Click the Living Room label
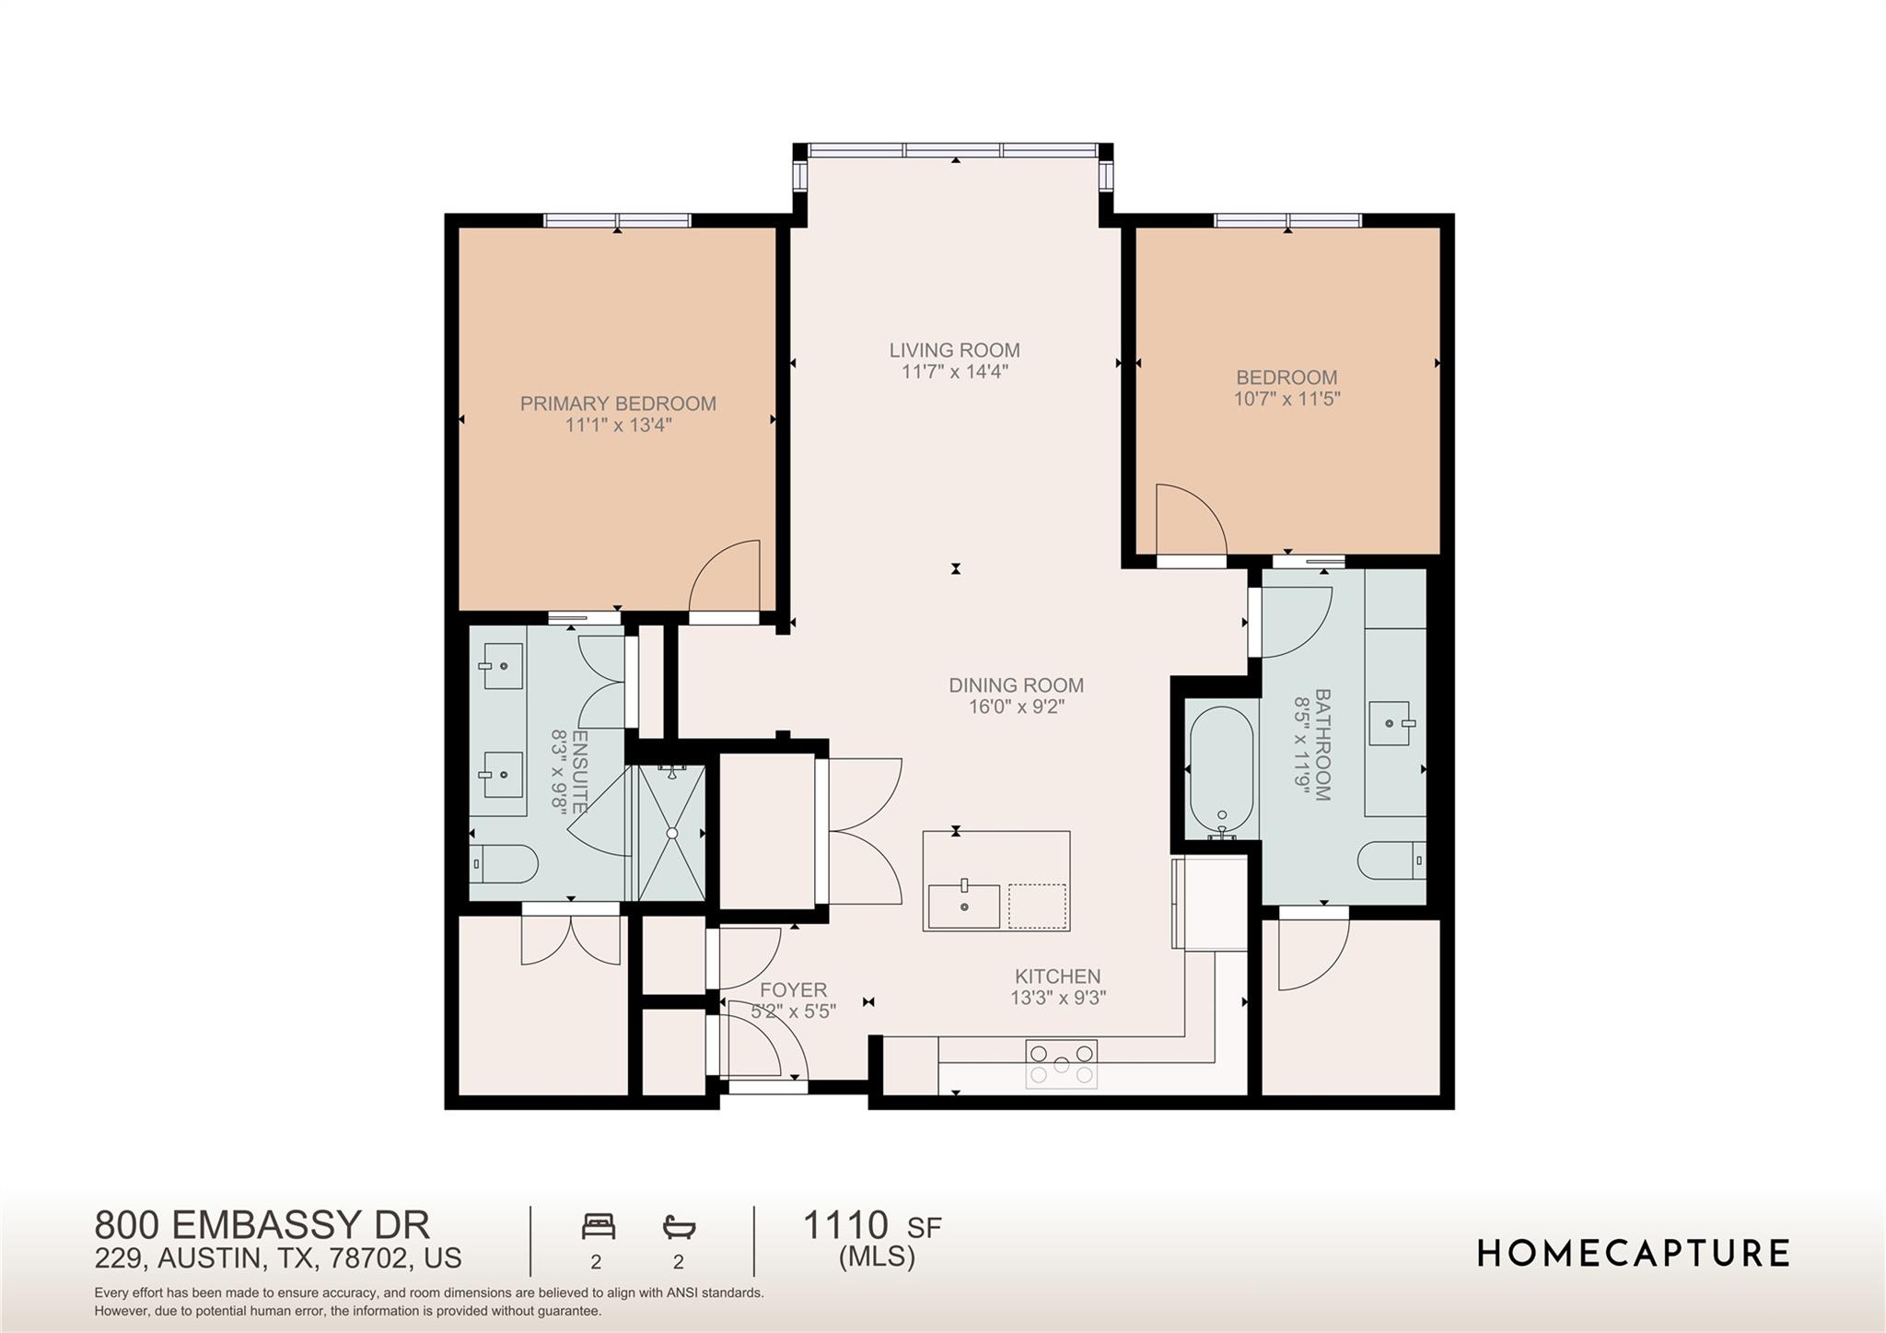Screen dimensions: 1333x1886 click(954, 350)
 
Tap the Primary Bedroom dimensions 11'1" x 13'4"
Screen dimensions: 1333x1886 click(618, 425)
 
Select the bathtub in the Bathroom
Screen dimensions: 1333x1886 click(1221, 769)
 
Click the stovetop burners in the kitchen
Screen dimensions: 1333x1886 click(1061, 1064)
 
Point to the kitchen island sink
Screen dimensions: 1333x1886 click(963, 906)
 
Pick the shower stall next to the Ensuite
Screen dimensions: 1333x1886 click(671, 832)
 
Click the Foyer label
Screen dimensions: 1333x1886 click(793, 990)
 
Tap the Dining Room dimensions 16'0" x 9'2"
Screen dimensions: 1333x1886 click(1016, 707)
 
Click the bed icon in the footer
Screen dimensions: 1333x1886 click(598, 1227)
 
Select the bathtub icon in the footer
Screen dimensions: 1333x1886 click(679, 1227)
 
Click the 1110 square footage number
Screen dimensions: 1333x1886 click(845, 1225)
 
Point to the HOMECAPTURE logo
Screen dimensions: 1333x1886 click(1633, 1254)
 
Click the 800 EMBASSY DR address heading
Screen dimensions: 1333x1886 click(262, 1225)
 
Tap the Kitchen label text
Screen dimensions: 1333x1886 click(1057, 976)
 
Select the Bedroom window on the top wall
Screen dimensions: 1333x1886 click(1287, 220)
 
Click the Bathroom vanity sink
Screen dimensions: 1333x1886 click(1390, 723)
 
